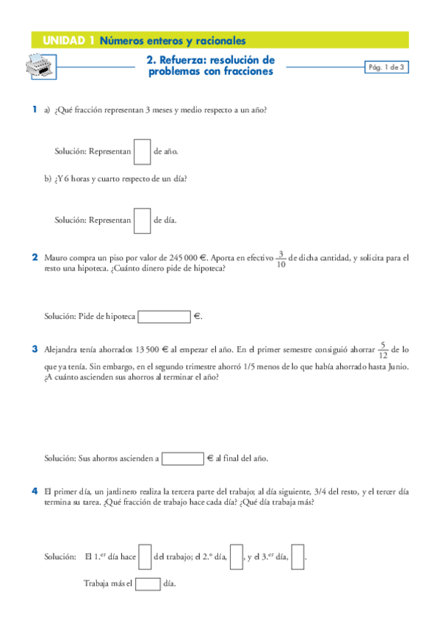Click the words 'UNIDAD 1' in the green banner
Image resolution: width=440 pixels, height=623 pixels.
(x=68, y=40)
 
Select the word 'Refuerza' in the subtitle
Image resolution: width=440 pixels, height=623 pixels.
(x=198, y=60)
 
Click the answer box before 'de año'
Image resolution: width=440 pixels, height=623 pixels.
(x=143, y=151)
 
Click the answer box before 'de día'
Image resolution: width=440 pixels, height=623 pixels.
(x=143, y=219)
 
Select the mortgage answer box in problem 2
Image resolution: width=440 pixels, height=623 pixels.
(x=164, y=317)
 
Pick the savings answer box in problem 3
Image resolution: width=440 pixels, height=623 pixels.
(x=182, y=458)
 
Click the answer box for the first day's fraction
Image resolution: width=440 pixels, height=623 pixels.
(x=145, y=556)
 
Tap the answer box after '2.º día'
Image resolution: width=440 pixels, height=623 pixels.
(x=237, y=556)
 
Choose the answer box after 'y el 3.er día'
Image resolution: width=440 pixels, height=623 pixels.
(x=297, y=556)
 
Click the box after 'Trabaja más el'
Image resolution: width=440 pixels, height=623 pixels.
(x=148, y=585)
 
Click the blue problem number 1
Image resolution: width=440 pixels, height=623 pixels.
(x=34, y=109)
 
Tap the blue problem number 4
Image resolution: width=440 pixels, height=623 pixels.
(x=35, y=490)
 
